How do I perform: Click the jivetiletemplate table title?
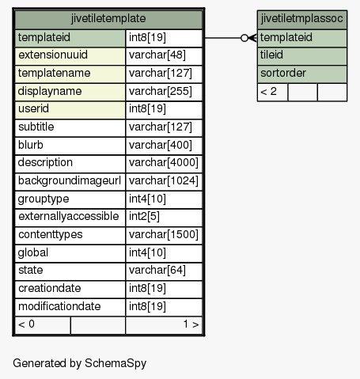click(x=108, y=19)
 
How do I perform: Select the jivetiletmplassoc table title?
click(x=302, y=19)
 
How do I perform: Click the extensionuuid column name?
click(x=53, y=55)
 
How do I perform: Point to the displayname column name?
click(x=50, y=91)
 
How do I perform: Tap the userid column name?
click(x=33, y=108)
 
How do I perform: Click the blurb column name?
click(x=31, y=145)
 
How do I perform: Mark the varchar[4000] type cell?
click(x=164, y=163)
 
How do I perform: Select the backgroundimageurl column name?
click(x=70, y=181)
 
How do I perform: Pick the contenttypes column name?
click(x=51, y=235)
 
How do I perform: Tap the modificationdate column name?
click(x=59, y=306)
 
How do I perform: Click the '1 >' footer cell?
click(x=164, y=324)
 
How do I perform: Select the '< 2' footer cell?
click(x=273, y=92)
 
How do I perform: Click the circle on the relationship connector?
click(x=244, y=38)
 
